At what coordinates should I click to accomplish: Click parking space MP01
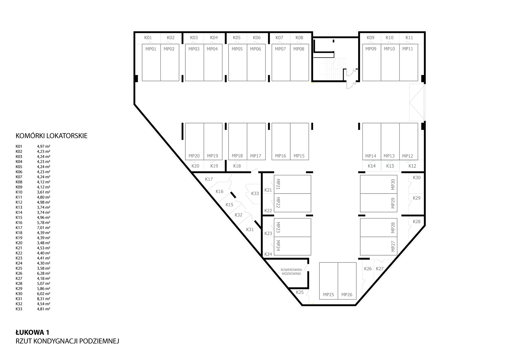151,62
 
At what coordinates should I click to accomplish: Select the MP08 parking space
299,62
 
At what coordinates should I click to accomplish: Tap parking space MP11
408,62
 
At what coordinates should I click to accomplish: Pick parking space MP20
194,142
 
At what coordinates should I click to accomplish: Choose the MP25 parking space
329,281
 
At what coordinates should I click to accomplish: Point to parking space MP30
379,184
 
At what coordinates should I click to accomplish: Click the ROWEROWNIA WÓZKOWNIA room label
291,272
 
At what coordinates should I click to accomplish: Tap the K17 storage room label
209,179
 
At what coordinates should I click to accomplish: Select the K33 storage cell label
255,193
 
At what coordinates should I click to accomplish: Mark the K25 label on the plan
300,292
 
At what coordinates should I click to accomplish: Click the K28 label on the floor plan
417,221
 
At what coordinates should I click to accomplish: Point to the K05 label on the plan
237,38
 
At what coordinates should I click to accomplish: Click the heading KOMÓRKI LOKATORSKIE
52,136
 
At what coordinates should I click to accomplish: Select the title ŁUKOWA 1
32,333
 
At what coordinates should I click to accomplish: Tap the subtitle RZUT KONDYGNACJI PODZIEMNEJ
67,341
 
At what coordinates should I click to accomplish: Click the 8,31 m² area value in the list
44,299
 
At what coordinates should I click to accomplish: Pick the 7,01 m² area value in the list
44,228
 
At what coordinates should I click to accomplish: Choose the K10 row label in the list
19,192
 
